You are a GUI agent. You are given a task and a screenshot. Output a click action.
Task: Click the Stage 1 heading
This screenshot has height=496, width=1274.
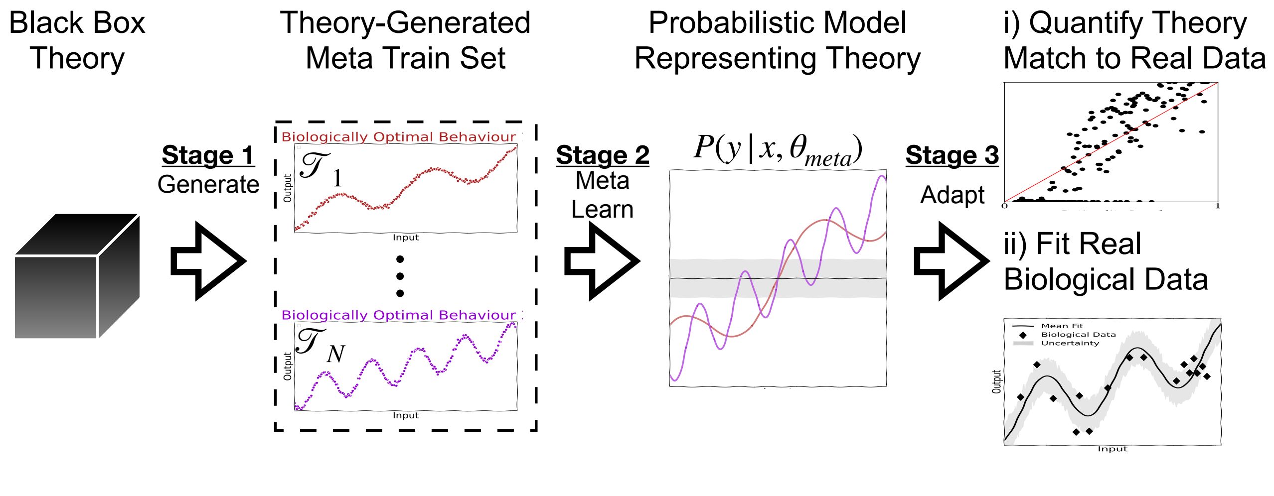[208, 155]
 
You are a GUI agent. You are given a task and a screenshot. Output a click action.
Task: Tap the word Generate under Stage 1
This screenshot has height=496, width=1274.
[208, 184]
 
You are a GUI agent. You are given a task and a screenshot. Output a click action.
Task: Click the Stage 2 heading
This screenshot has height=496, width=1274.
[603, 155]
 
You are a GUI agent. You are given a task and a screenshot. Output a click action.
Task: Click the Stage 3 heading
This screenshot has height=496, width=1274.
[952, 155]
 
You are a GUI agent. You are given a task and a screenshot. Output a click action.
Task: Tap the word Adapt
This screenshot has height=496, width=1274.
[952, 195]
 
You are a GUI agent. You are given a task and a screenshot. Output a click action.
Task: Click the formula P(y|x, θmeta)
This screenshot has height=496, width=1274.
[778, 149]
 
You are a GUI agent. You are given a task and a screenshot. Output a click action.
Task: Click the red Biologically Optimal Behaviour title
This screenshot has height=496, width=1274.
[399, 137]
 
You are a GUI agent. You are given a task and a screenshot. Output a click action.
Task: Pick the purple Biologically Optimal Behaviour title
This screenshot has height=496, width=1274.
[399, 315]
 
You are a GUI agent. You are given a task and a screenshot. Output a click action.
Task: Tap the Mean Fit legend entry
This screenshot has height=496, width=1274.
[1062, 326]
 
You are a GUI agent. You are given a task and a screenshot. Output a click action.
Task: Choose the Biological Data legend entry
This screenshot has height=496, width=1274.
[1078, 335]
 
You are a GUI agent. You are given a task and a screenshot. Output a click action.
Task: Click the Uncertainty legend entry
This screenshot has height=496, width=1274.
[1070, 343]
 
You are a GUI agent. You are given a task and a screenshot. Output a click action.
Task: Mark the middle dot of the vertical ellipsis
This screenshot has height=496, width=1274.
[400, 276]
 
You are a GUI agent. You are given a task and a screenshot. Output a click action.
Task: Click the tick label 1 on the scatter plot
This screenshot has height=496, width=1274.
[1217, 206]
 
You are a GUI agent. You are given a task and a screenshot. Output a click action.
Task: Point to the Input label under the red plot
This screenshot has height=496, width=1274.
[406, 238]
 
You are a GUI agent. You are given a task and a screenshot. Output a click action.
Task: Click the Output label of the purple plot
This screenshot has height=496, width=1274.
[288, 366]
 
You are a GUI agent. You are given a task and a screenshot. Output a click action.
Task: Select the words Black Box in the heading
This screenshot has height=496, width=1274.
[77, 23]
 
